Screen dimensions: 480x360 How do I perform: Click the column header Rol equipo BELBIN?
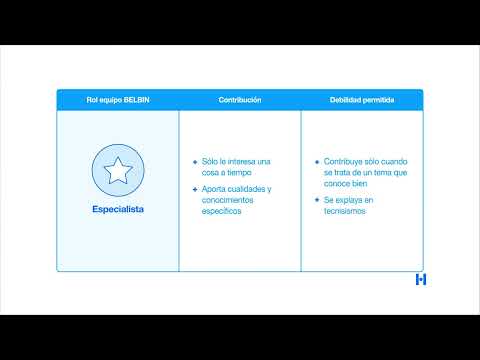tap(118, 100)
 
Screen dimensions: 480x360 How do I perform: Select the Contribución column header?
tap(240, 100)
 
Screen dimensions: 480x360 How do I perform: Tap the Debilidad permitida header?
tap(362, 100)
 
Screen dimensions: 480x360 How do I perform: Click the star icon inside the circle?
tap(118, 170)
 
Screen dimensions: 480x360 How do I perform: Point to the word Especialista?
tap(118, 209)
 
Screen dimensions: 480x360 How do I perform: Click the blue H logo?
tap(421, 279)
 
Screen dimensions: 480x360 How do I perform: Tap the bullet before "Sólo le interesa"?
tap(195, 162)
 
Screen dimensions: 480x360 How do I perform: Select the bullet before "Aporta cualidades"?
tap(195, 189)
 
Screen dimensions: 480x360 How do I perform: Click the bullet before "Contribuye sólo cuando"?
tap(317, 162)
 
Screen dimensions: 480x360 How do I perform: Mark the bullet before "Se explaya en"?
tap(317, 200)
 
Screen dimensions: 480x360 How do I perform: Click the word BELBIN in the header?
tap(137, 100)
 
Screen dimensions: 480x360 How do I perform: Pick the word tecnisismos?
tap(345, 211)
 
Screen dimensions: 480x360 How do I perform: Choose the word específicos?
tap(221, 211)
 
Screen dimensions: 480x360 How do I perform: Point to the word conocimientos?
tap(227, 200)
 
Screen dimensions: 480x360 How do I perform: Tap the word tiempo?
tap(239, 173)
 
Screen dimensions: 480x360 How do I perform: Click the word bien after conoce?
tap(360, 184)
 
